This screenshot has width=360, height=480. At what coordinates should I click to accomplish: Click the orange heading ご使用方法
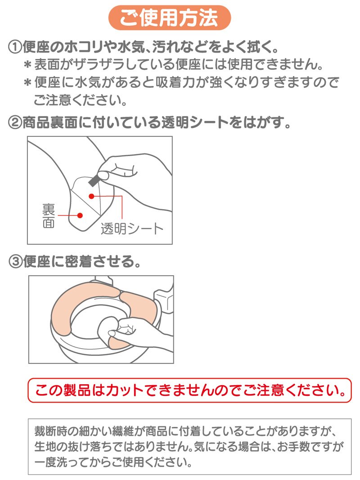pyautogui.click(x=169, y=18)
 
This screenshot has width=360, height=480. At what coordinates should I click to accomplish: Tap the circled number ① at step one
pyautogui.click(x=15, y=47)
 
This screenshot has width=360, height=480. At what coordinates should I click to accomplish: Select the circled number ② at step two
pyautogui.click(x=15, y=122)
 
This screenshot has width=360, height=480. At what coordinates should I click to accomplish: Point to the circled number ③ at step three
pyautogui.click(x=15, y=262)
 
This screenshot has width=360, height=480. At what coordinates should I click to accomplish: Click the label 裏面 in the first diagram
pyautogui.click(x=49, y=216)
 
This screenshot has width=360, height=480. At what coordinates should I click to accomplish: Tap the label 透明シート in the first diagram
pyautogui.click(x=132, y=229)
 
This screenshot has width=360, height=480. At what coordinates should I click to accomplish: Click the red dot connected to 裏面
pyautogui.click(x=80, y=215)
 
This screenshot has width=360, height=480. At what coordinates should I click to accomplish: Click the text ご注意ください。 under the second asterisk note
pyautogui.click(x=80, y=100)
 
